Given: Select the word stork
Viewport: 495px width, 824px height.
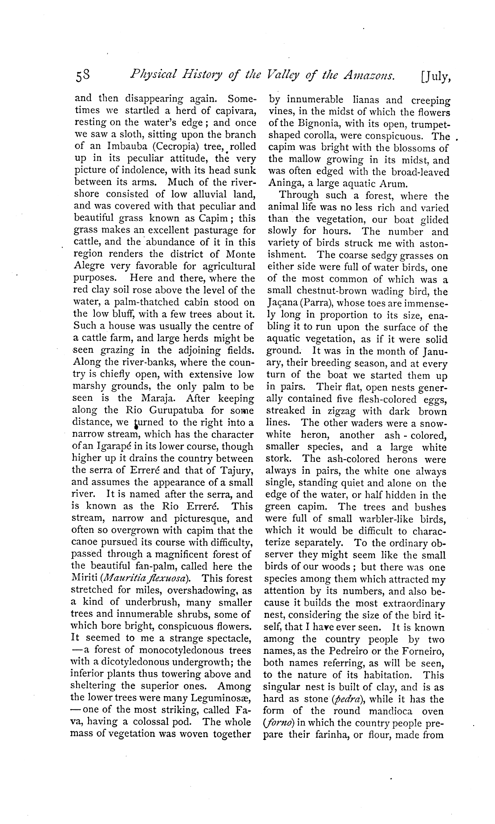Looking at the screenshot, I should point(279,459).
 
